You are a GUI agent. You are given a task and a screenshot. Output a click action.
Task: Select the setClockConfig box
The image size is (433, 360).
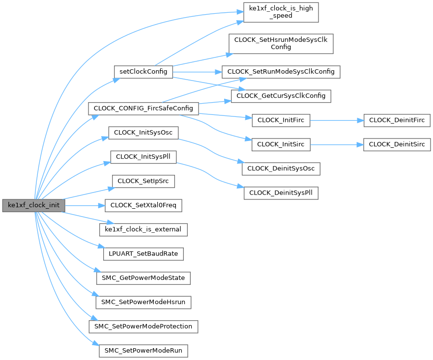point(143,71)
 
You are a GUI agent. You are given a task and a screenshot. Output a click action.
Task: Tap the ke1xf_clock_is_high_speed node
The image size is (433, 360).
point(281,12)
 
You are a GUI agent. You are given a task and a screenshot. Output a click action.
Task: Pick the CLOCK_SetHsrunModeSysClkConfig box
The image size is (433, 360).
point(281,43)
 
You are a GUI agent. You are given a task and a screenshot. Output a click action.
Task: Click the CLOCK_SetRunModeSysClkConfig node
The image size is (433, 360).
point(281,71)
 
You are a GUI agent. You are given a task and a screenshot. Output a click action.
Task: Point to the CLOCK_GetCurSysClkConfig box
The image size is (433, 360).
point(281,96)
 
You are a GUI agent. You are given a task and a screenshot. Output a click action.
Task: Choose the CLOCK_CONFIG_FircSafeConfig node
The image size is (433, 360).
point(143,108)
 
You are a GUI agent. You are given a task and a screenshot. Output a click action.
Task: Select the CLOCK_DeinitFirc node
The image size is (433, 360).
point(397,120)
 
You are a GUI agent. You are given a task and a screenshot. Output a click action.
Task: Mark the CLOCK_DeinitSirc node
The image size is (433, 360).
point(397,144)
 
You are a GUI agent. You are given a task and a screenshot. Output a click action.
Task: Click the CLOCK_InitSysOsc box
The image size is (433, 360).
point(143,133)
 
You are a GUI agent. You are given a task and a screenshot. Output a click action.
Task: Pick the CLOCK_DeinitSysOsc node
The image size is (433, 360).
point(281,168)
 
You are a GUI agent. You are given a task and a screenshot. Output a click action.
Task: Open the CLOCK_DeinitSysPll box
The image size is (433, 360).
point(281,193)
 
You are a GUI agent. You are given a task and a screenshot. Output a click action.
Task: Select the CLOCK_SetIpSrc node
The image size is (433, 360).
point(144,181)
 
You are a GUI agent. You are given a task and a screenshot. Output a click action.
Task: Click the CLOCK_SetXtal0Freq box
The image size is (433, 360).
point(144,205)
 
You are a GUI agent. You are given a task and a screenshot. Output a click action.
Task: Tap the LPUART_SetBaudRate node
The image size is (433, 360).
point(144,254)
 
